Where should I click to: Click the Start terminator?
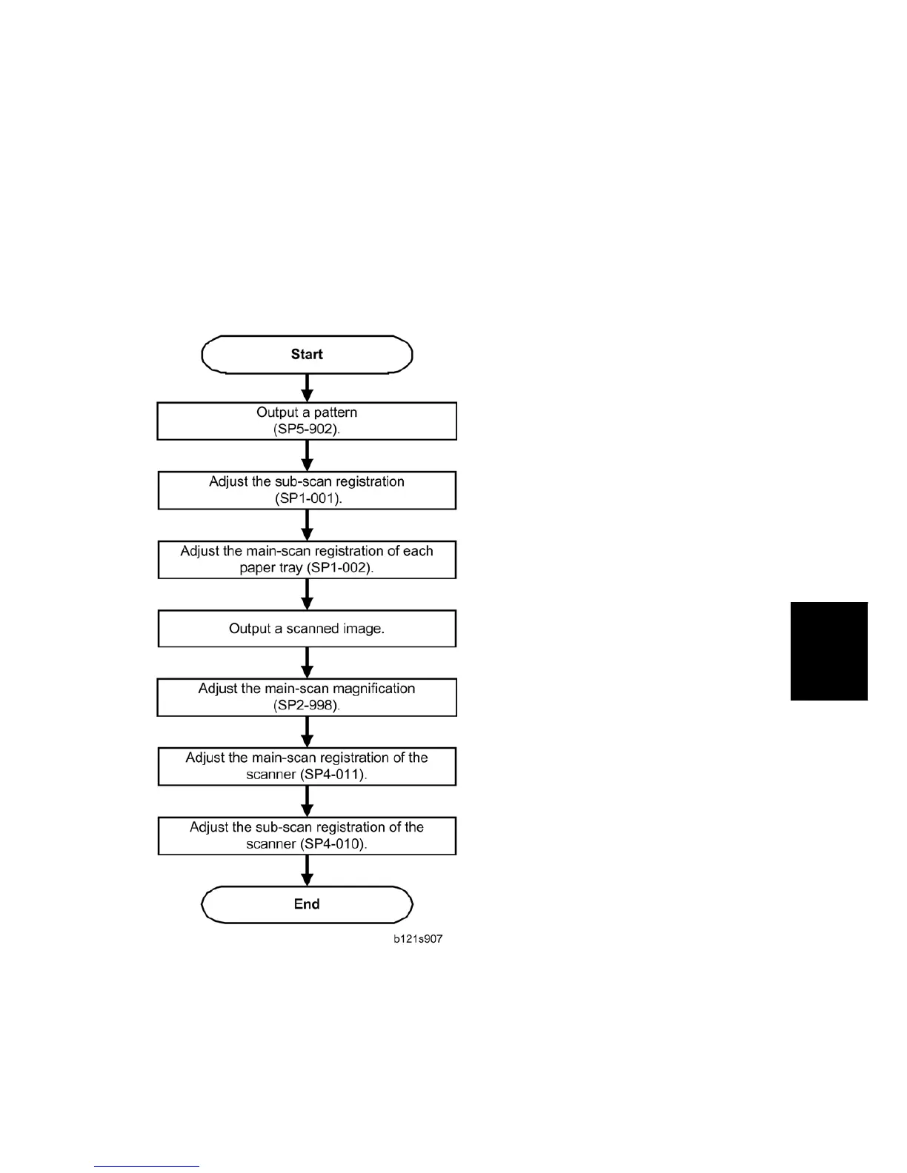coord(307,354)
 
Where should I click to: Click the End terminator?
coord(307,904)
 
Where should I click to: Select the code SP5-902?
coord(307,430)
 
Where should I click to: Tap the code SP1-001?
coord(308,498)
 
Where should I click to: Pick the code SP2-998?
coord(306,705)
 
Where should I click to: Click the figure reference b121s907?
coord(418,939)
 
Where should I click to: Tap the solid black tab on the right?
coord(828,651)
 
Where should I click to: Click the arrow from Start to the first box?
coord(308,387)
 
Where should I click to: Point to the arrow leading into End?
coord(308,870)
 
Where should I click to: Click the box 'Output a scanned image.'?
coord(307,629)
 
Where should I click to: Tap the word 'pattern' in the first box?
coord(335,412)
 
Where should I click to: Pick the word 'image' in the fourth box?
coord(362,629)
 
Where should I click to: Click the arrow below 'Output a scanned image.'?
coord(308,662)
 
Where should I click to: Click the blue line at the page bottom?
coord(147,1166)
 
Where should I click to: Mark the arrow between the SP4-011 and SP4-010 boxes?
coord(308,801)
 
